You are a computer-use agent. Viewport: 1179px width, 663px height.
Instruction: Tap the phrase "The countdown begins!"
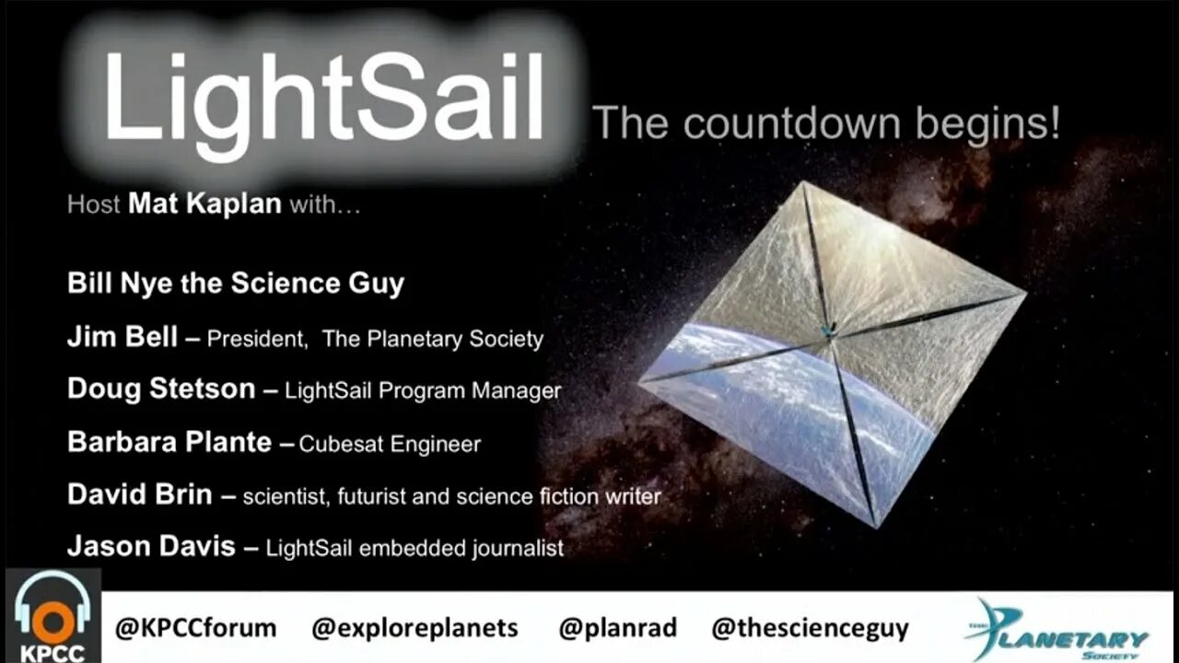tap(825, 123)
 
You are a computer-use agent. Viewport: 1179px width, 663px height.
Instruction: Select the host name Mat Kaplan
tap(204, 204)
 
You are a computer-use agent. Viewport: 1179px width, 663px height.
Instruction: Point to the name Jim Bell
tap(122, 337)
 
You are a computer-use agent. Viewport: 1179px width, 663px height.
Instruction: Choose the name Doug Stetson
tap(160, 389)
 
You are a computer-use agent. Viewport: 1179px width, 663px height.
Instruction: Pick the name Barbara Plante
tap(169, 442)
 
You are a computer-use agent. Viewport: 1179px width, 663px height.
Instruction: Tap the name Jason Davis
tap(151, 546)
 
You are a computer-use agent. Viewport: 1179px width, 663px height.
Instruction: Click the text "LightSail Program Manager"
tap(423, 390)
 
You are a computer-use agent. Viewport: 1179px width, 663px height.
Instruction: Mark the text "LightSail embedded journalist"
tap(414, 549)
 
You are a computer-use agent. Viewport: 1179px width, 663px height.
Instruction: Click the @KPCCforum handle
tap(195, 629)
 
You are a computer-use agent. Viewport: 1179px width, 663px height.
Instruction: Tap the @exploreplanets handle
tap(414, 629)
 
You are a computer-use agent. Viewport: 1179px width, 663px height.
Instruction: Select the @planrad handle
tap(617, 629)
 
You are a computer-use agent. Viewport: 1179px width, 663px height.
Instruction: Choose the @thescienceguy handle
tap(810, 629)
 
